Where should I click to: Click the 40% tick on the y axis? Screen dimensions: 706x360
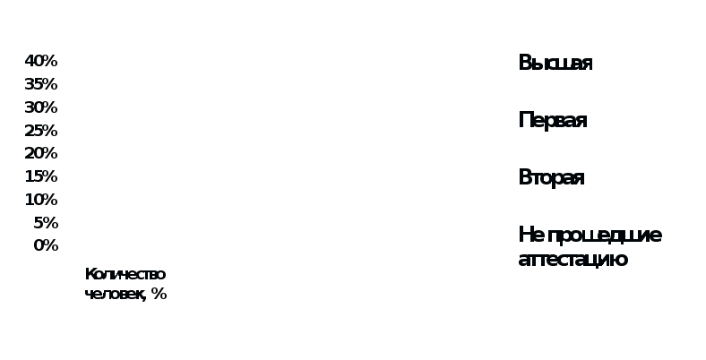pyautogui.click(x=41, y=61)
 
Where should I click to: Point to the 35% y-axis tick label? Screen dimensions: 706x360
pyautogui.click(x=41, y=84)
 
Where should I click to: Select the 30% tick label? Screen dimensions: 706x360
pyautogui.click(x=41, y=107)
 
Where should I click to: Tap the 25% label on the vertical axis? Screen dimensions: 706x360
pyautogui.click(x=41, y=130)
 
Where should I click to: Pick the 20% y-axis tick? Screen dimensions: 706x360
pyautogui.click(x=41, y=153)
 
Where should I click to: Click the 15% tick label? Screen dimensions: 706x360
pyautogui.click(x=41, y=176)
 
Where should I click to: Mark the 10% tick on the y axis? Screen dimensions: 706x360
pyautogui.click(x=41, y=199)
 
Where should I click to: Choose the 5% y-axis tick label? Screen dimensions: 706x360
pyautogui.click(x=46, y=222)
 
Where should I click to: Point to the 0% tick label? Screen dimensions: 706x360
pyautogui.click(x=46, y=245)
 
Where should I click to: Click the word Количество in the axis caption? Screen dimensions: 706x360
pyautogui.click(x=125, y=274)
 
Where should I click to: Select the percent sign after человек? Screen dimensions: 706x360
pyautogui.click(x=159, y=294)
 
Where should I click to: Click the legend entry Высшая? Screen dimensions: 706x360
pyautogui.click(x=555, y=63)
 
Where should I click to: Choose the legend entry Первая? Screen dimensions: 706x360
pyautogui.click(x=553, y=120)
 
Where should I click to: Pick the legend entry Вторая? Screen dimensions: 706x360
pyautogui.click(x=551, y=177)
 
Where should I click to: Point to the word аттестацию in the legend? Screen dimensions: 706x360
pyautogui.click(x=573, y=260)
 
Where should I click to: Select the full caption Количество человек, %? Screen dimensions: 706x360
pyautogui.click(x=125, y=284)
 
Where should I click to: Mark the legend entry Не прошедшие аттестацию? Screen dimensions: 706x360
pyautogui.click(x=590, y=247)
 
